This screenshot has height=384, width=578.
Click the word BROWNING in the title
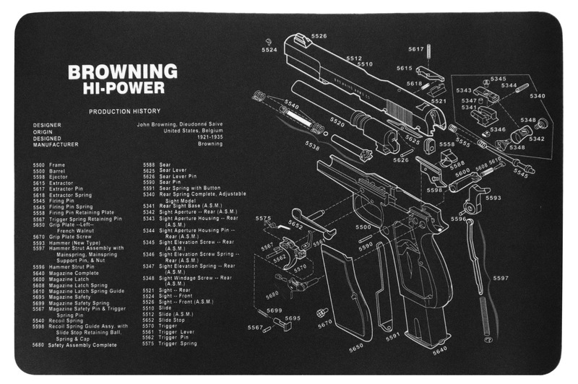[122, 71]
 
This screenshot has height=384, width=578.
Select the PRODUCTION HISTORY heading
[120, 112]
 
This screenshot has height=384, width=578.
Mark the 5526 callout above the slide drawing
[319, 35]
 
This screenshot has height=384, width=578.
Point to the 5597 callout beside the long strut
[500, 278]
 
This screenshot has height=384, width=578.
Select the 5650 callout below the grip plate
[356, 347]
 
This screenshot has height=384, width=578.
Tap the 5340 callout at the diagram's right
[537, 96]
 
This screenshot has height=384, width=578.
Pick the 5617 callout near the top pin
[415, 49]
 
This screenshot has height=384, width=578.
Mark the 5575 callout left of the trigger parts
[264, 218]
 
